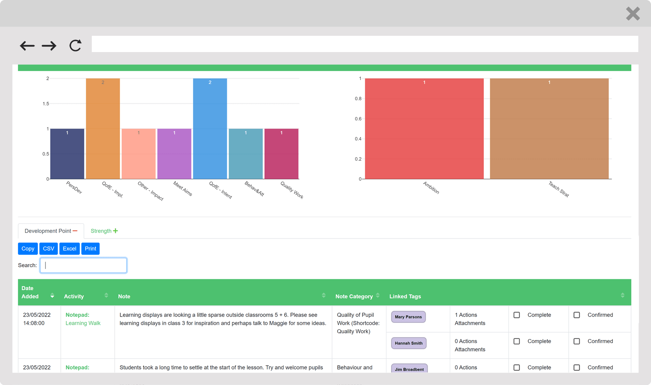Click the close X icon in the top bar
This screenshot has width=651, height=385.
633,14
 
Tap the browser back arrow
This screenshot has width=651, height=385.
27,46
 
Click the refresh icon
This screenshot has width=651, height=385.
75,45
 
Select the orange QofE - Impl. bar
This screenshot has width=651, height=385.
103,129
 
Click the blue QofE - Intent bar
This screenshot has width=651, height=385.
210,129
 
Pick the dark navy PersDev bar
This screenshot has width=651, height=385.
67,154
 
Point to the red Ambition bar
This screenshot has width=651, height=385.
424,129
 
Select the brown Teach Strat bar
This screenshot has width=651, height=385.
549,129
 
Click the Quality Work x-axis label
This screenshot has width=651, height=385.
292,190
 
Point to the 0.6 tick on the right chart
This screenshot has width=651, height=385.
358,119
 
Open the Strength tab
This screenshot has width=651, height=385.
104,231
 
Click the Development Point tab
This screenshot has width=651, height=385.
51,231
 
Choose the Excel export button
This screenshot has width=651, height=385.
69,249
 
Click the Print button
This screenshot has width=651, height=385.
90,249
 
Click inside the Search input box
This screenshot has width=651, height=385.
83,265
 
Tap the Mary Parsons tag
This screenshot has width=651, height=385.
408,317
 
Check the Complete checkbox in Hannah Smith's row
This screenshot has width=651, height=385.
517,341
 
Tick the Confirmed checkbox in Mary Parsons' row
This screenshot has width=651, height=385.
576,315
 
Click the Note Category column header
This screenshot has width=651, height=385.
354,296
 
